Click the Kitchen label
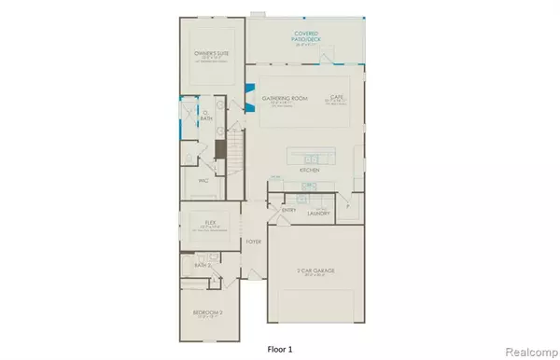[x=310, y=172]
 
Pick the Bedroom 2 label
[x=204, y=305]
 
